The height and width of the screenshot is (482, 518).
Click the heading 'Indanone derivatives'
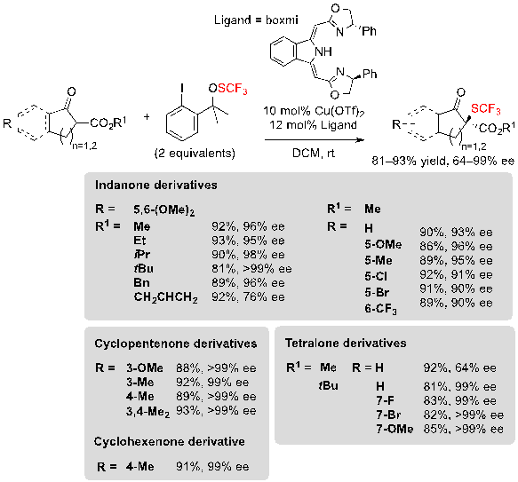tap(155, 185)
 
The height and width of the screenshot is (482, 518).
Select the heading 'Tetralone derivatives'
tap(346, 343)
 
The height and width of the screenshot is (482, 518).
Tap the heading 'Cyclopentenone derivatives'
tap(175, 344)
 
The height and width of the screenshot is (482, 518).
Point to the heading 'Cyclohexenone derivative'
tap(170, 441)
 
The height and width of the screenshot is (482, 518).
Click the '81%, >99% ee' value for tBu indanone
tap(251, 269)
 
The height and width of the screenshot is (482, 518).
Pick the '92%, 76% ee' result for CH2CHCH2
tap(248, 297)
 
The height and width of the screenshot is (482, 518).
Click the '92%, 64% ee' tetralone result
tap(460, 367)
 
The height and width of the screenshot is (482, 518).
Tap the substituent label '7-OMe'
tap(394, 429)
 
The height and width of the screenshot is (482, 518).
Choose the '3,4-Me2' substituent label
tap(148, 412)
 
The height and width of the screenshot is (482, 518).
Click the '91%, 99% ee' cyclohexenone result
tap(212, 467)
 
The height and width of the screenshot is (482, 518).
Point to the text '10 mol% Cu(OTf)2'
tap(314, 111)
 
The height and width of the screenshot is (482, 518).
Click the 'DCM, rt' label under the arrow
tap(314, 153)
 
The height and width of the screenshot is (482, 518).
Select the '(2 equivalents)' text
tap(195, 154)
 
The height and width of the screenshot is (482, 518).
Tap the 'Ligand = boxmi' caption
tap(256, 20)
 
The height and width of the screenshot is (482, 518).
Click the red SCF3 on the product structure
tap(486, 109)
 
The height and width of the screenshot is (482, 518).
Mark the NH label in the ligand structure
tap(323, 51)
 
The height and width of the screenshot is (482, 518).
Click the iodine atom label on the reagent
tap(182, 88)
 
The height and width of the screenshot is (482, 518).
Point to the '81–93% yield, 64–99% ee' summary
tap(442, 161)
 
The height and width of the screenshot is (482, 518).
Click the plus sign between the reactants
tap(147, 116)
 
